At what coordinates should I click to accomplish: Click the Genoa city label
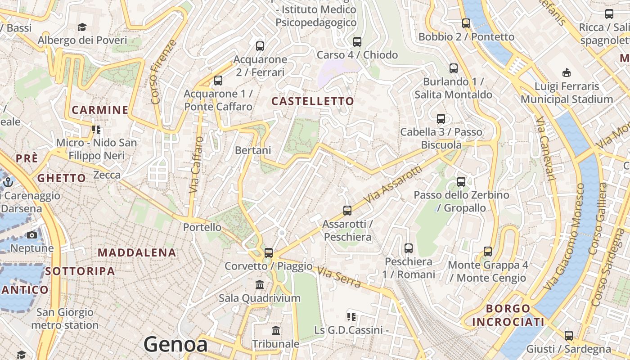click(175, 345)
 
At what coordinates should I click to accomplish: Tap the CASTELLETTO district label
click(313, 101)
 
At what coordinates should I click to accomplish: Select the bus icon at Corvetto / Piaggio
click(269, 252)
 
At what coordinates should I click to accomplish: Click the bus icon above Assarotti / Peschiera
click(347, 210)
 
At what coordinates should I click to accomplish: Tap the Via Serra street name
click(339, 277)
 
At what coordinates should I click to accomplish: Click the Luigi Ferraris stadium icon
click(566, 72)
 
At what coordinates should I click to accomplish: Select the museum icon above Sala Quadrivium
click(260, 285)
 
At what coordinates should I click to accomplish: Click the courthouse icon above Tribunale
click(276, 331)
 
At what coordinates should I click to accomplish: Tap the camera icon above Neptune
click(31, 235)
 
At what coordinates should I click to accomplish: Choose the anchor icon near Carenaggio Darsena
click(8, 182)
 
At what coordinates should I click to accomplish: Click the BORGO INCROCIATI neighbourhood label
click(508, 315)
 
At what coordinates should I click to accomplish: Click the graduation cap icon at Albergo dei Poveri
click(82, 27)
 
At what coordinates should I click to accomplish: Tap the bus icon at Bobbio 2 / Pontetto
click(466, 23)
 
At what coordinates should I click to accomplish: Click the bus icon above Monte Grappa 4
click(487, 252)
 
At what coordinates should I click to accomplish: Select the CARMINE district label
click(100, 110)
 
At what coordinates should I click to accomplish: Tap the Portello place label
click(202, 227)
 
